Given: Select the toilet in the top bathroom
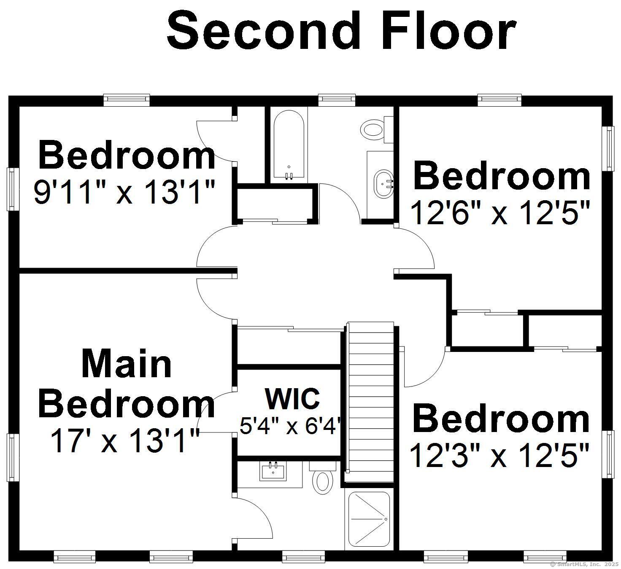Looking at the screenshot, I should [373, 129].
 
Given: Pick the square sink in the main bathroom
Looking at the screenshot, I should [273, 470].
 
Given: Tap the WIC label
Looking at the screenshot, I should [292, 398].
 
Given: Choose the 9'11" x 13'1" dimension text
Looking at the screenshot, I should [124, 192].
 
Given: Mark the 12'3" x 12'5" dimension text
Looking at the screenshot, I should [499, 456].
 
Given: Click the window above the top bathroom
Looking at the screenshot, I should [337, 99].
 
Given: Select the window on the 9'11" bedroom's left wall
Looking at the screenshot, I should [13, 189].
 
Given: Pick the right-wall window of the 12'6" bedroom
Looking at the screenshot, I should [608, 148].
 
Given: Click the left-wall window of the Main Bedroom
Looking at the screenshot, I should [13, 457].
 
